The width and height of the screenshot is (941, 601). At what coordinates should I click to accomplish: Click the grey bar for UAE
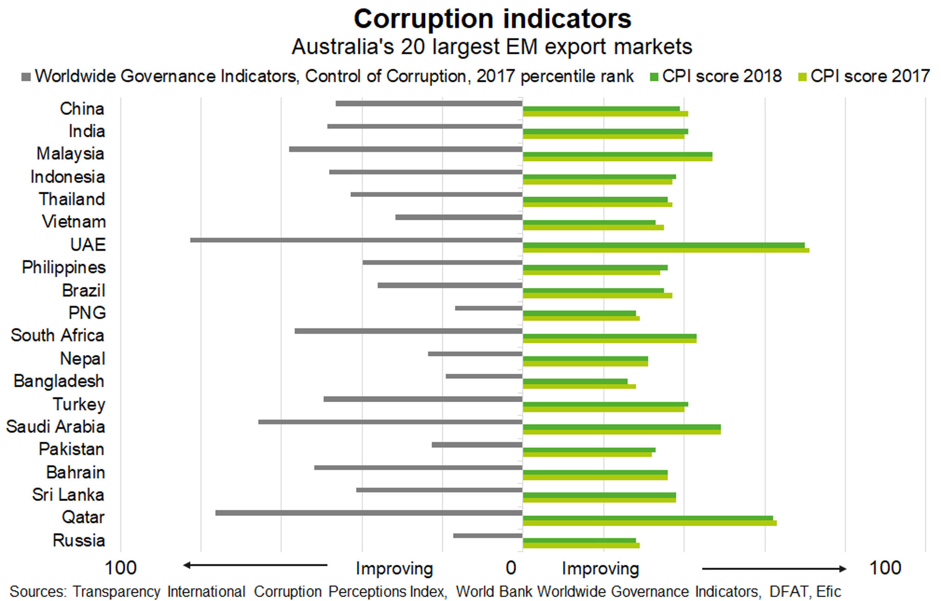[x=356, y=240]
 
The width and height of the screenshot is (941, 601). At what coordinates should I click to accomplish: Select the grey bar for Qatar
[x=368, y=512]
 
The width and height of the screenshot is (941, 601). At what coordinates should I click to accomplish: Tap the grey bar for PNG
[x=488, y=308]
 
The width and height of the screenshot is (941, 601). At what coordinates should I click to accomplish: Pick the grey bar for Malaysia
[x=405, y=149]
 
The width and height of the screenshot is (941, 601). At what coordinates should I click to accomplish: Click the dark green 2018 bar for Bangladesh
[x=575, y=381]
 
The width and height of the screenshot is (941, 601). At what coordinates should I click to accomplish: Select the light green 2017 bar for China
[x=605, y=114]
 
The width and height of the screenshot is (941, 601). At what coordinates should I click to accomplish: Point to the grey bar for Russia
[x=488, y=535]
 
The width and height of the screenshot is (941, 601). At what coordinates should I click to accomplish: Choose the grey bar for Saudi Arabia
[x=390, y=421]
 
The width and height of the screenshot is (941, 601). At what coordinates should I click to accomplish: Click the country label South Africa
[x=57, y=336]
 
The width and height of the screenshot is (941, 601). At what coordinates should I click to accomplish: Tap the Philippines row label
[x=64, y=267]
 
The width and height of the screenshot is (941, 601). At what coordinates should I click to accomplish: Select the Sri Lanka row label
[x=68, y=495]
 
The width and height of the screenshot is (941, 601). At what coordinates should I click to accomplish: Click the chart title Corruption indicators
[x=493, y=19]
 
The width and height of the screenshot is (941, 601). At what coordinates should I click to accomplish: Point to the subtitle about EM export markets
[x=492, y=47]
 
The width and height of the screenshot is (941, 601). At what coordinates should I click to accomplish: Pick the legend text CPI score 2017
[x=870, y=76]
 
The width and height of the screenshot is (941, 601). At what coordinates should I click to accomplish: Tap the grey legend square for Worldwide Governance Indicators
[x=26, y=77]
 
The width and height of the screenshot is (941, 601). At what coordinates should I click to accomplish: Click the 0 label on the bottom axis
[x=510, y=568]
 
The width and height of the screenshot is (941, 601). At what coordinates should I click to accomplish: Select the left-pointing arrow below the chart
[x=255, y=565]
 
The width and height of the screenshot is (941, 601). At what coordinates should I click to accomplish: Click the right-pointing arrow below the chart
[x=774, y=569]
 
